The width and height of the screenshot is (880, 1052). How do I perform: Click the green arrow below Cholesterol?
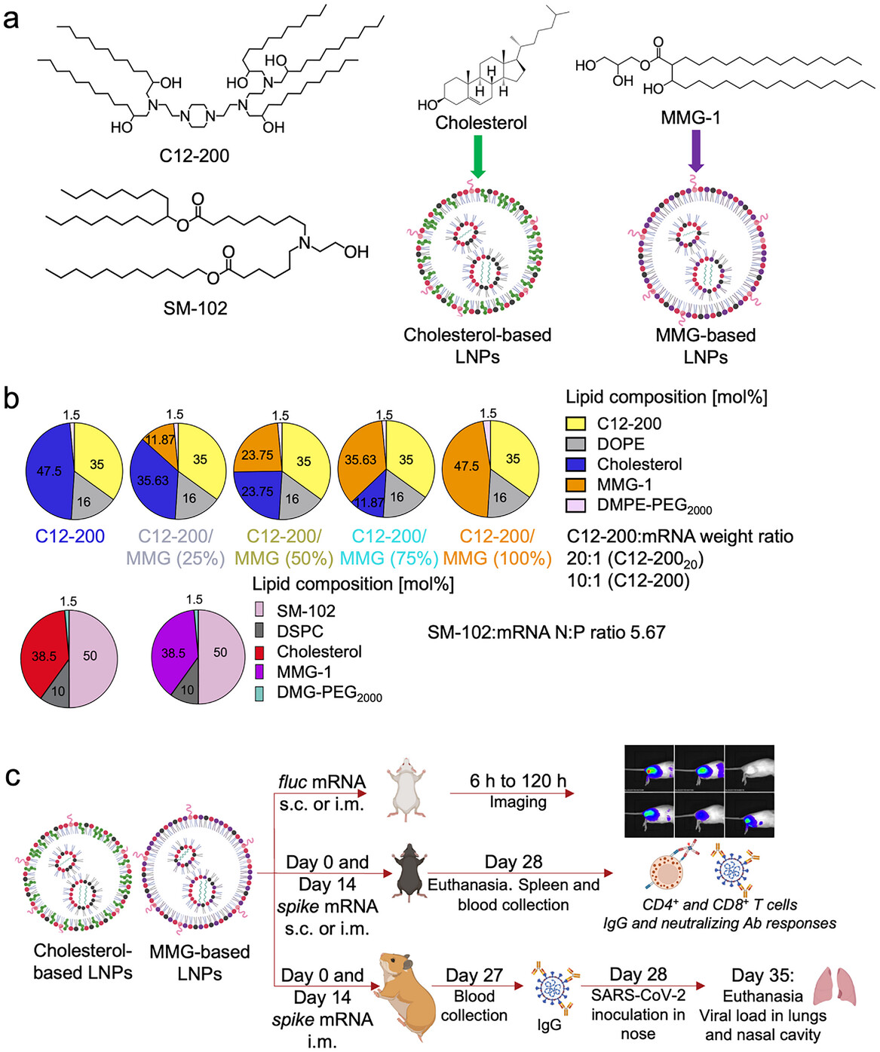[477, 155]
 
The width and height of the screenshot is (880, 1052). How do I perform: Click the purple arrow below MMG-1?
[696, 150]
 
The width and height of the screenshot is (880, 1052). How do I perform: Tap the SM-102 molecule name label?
[195, 308]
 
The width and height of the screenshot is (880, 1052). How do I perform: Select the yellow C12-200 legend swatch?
[576, 424]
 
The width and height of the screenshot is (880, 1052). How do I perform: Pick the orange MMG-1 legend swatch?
[576, 485]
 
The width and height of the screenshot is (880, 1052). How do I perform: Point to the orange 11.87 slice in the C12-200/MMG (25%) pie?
[161, 441]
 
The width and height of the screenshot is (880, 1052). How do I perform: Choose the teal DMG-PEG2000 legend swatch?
[259, 693]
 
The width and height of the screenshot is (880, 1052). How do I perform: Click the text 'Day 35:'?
[762, 975]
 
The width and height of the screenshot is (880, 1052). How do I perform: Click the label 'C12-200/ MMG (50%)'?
[284, 547]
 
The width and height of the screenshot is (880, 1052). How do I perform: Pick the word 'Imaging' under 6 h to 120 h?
[517, 802]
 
